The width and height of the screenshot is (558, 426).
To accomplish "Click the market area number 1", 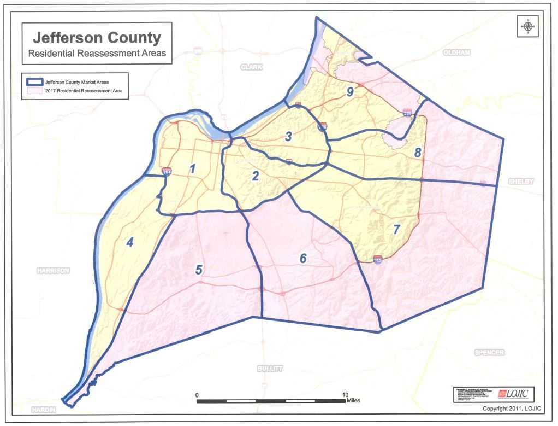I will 192,169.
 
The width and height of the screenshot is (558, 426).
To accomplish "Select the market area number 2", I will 255,176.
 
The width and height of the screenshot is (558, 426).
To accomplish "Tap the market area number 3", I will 288,137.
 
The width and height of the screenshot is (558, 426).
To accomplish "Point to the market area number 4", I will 130,242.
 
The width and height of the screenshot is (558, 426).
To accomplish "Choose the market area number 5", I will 199,270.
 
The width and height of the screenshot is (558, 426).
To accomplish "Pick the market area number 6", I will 303,259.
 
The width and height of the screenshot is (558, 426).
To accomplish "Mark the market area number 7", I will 397,230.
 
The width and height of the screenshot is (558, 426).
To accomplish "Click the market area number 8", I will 418,153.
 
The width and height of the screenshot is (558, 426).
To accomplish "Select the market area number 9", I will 350,92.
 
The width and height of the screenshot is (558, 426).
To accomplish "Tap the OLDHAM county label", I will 456,52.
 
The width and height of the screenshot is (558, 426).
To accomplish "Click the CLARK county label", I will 251,67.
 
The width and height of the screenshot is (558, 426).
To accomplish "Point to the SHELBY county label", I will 520,181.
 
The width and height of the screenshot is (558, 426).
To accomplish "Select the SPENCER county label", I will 489,352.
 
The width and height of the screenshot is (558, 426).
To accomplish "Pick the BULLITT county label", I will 270,369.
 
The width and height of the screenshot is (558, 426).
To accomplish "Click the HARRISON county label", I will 53,270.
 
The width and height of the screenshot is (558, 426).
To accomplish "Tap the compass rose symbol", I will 528,26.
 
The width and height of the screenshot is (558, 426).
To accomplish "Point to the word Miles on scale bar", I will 353,401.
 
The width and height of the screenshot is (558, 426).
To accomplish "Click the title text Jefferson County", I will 97,38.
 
